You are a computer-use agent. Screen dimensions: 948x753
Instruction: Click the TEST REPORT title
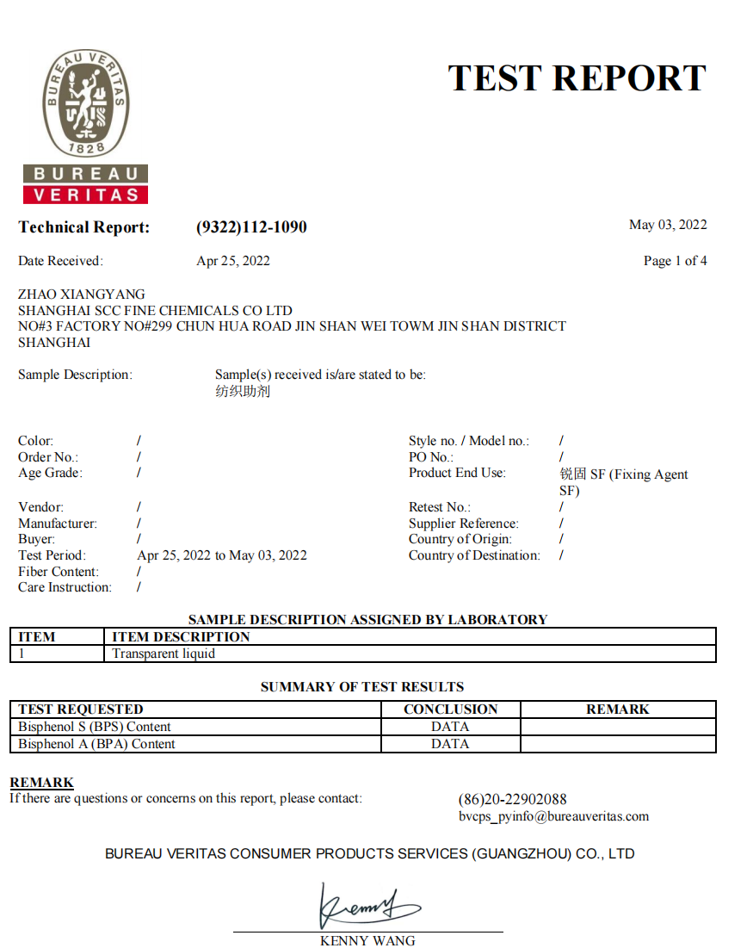point(577,78)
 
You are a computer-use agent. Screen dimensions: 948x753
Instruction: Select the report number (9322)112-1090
point(251,227)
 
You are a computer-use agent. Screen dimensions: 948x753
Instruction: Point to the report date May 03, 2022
point(668,225)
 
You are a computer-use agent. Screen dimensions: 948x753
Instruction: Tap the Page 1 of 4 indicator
point(675,261)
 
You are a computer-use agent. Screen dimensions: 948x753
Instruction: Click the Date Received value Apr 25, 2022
point(233,261)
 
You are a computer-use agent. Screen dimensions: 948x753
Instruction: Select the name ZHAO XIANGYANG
point(82,294)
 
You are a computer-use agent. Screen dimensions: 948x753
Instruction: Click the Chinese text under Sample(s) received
point(243,392)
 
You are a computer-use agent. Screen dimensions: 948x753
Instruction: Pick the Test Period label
point(52,555)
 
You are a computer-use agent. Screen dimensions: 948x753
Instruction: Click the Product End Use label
point(457,473)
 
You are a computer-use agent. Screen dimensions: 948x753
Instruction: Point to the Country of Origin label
point(460,539)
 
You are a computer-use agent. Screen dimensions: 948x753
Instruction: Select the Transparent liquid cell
point(164,654)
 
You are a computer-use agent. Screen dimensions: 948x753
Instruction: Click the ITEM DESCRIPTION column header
point(181,637)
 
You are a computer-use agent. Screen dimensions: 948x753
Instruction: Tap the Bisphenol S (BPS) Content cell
point(95,727)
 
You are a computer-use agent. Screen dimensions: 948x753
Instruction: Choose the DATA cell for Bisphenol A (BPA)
point(450,744)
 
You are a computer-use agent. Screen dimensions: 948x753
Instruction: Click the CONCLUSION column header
point(450,709)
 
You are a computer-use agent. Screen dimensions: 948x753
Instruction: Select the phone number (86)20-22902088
point(512,799)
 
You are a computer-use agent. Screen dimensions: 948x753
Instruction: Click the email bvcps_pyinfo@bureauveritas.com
point(553,816)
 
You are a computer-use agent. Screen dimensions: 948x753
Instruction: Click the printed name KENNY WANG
point(367,940)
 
